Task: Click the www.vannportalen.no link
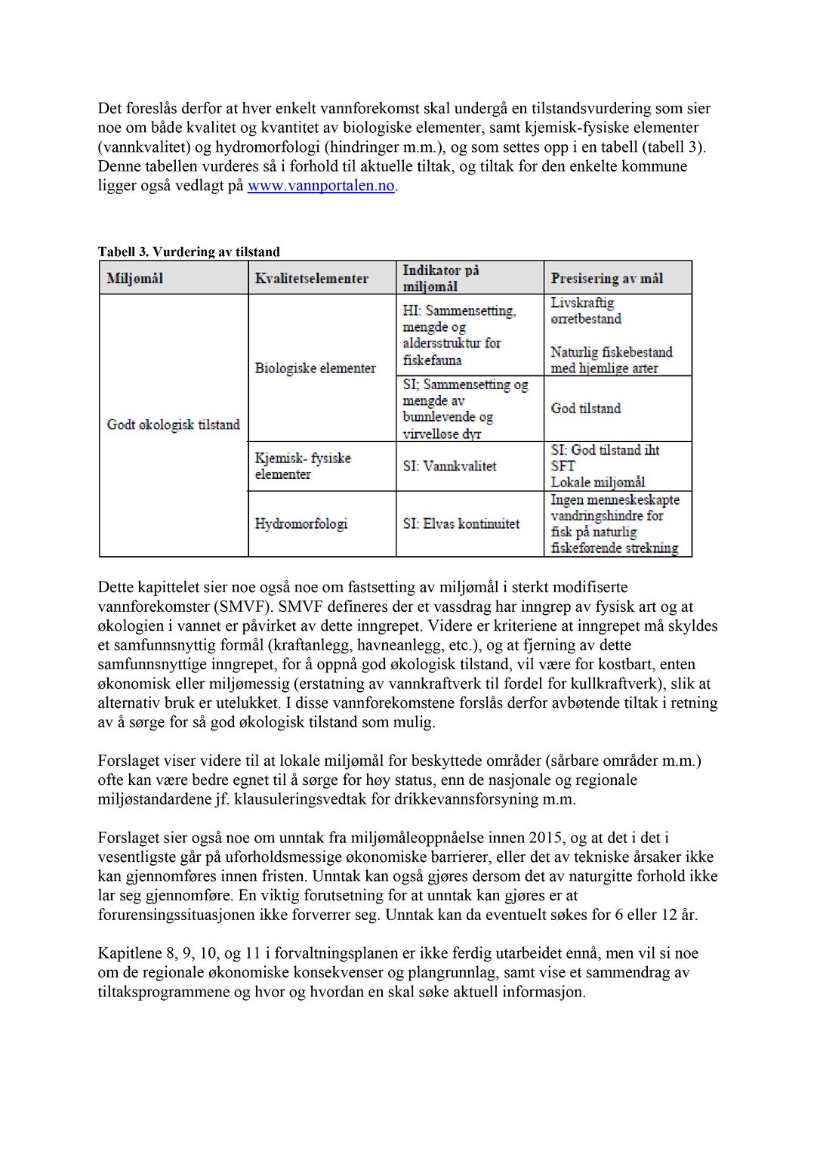321,186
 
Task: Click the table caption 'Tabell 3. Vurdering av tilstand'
189,252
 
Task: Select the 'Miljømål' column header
135,278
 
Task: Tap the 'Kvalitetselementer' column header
312,278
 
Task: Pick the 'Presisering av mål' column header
607,278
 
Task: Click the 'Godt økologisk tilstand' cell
174,425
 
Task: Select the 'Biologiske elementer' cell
315,368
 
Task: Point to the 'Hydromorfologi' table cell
301,523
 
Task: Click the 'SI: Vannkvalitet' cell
450,466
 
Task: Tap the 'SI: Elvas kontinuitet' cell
461,523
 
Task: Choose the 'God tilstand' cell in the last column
586,408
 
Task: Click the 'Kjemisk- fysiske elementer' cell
303,466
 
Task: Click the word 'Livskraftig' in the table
582,303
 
